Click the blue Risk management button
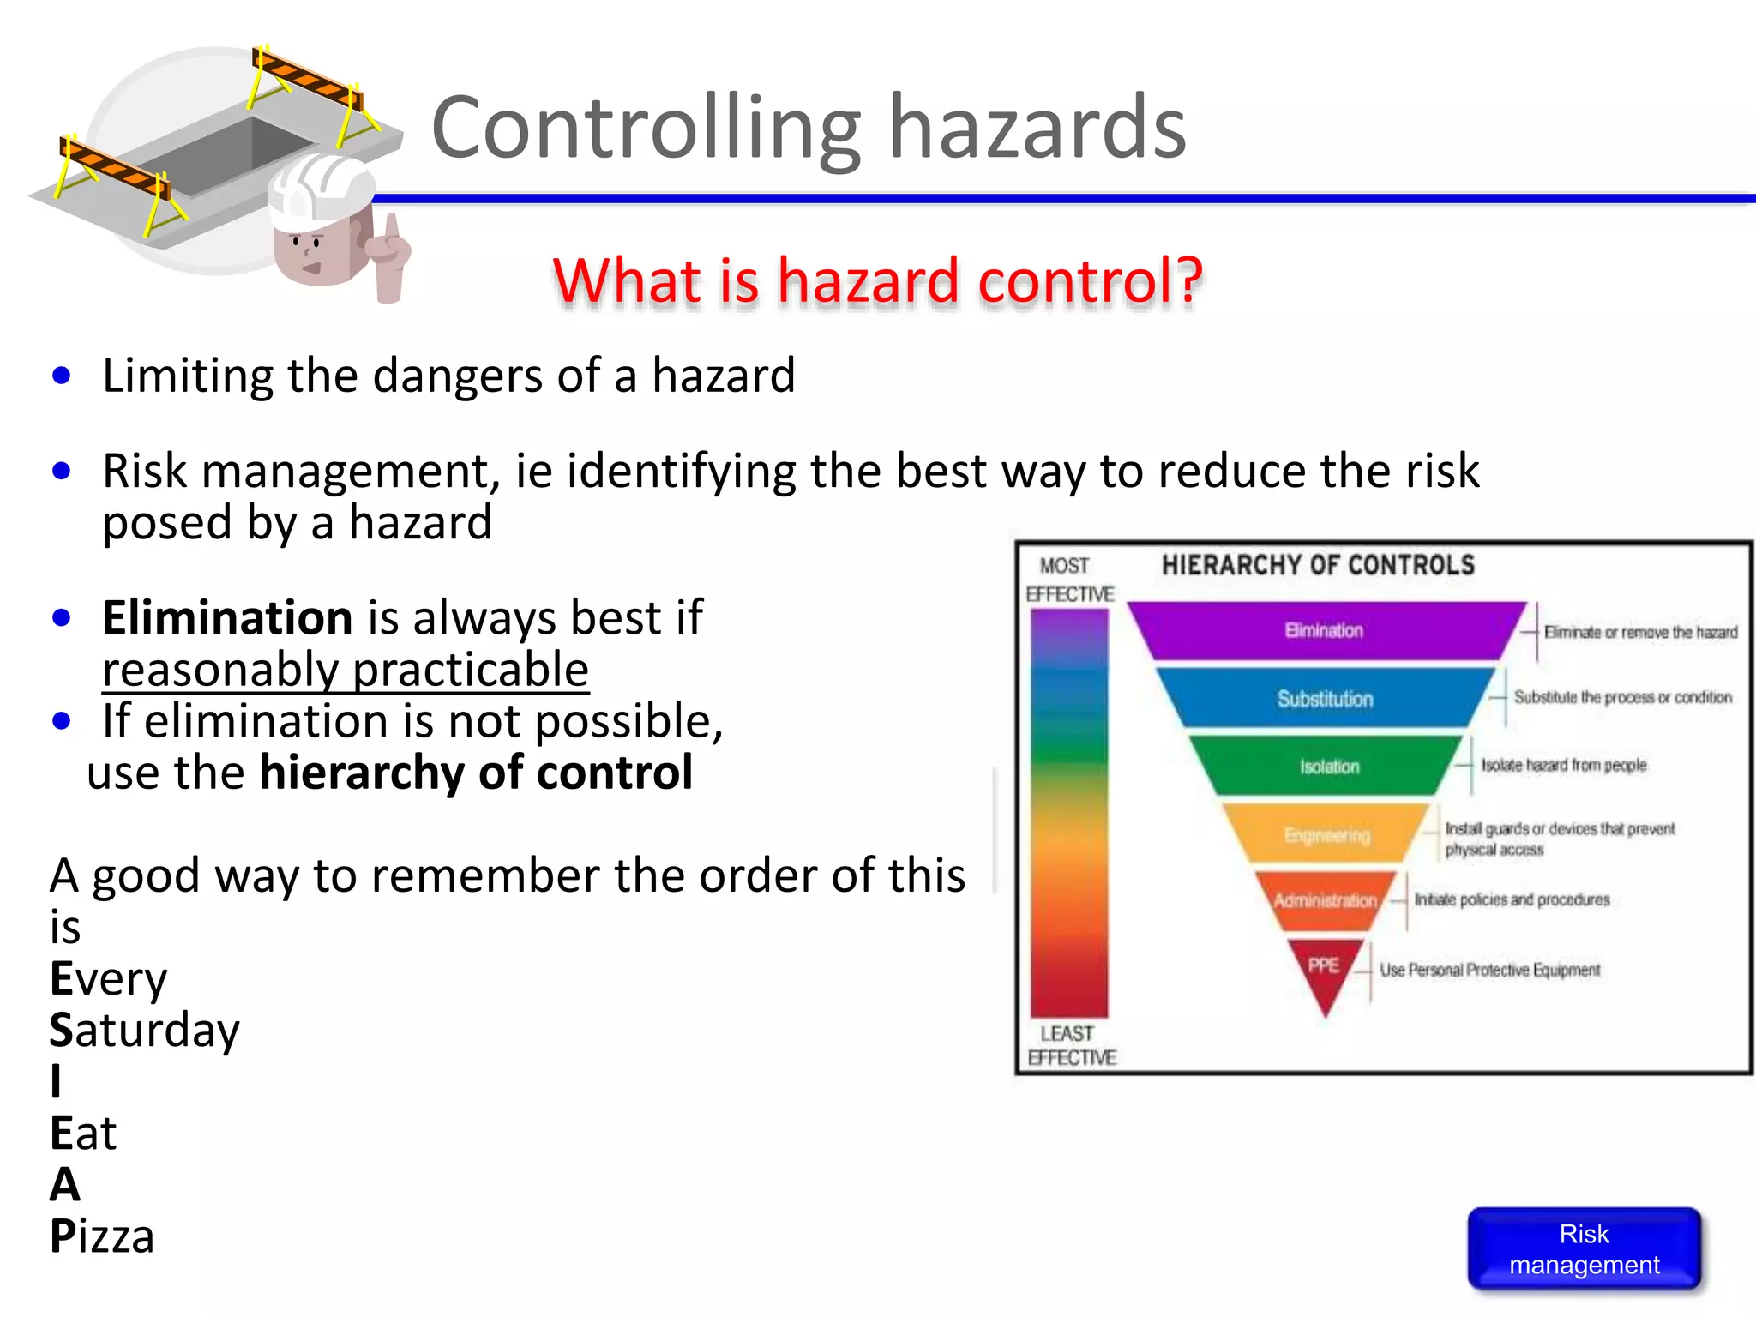(x=1584, y=1248)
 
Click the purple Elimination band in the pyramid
(x=1325, y=630)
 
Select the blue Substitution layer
(x=1325, y=699)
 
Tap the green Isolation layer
(x=1328, y=766)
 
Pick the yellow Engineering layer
(x=1326, y=834)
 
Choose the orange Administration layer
(x=1325, y=900)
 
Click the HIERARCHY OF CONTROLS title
(x=1318, y=565)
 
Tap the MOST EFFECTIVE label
(x=1067, y=580)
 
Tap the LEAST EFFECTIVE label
(x=1070, y=1045)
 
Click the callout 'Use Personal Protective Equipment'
(x=1489, y=970)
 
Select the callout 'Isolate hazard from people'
(x=1563, y=765)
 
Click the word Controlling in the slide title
(x=645, y=129)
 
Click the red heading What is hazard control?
(x=877, y=280)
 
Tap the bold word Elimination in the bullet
(x=227, y=617)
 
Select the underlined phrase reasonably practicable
(x=346, y=670)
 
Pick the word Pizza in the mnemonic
(x=102, y=1236)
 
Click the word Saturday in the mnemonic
(x=144, y=1030)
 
